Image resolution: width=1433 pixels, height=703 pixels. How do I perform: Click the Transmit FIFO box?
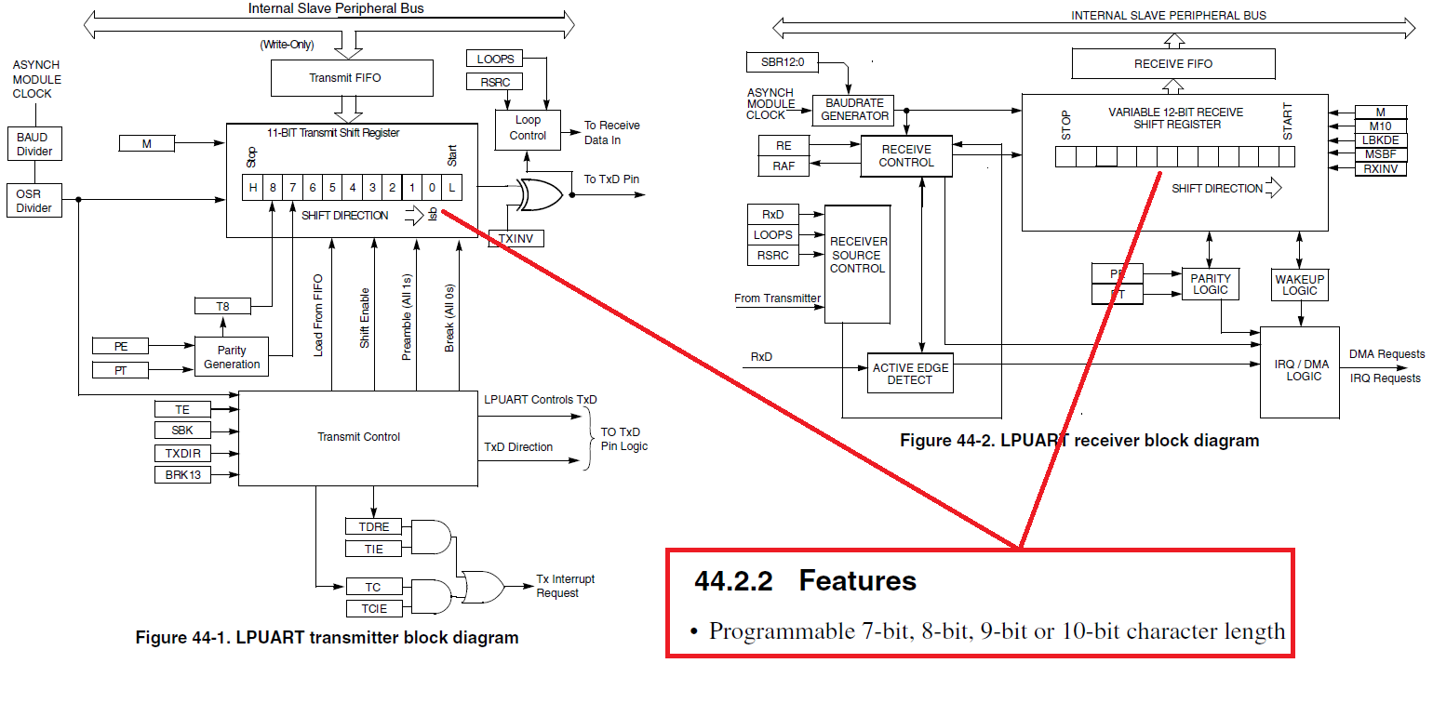(352, 78)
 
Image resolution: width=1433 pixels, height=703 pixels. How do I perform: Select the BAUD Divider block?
(33, 144)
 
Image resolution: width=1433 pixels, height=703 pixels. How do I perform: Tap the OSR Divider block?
(33, 201)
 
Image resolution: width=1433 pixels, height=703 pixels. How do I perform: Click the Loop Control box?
(528, 127)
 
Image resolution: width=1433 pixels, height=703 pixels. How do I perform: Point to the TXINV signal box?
(516, 239)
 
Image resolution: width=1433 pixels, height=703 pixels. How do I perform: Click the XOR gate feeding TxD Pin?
(540, 194)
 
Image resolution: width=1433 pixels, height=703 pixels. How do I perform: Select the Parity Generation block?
(232, 357)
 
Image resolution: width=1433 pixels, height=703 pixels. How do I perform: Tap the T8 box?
(222, 306)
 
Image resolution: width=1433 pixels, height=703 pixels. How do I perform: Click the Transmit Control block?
(358, 437)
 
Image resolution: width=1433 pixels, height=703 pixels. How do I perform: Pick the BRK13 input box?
(182, 474)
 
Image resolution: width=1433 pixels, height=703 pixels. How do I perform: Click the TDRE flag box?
(373, 527)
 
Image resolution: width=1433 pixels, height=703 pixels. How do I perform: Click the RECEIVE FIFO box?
(1172, 64)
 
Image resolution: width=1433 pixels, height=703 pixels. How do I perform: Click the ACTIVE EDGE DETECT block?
(910, 374)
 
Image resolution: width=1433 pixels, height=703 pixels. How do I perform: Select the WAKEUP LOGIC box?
(1299, 285)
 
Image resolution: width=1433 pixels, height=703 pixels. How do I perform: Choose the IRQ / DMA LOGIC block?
(1299, 370)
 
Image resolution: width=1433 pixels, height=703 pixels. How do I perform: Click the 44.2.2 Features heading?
(805, 581)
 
